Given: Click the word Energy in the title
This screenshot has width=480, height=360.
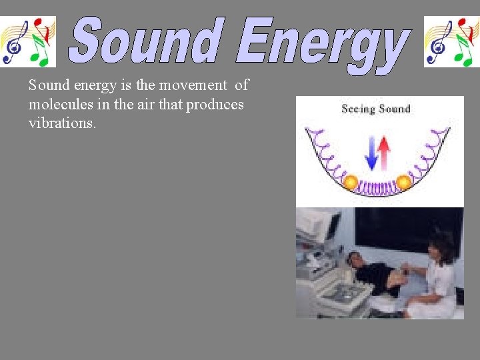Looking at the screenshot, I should tap(321, 43).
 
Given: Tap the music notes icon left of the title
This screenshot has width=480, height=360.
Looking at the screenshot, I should tap(28, 41).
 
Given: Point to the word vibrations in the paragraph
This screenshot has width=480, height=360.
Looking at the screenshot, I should tap(62, 124).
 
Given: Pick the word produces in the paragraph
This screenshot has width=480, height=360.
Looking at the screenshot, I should tap(216, 105).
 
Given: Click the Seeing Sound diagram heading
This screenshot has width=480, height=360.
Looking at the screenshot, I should tap(375, 109).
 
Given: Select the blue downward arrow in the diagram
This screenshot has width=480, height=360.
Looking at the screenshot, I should tap(372, 153).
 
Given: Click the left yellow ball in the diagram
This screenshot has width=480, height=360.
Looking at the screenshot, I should tap(350, 181).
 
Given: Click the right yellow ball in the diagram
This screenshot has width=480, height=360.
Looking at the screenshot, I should tap(403, 181).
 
